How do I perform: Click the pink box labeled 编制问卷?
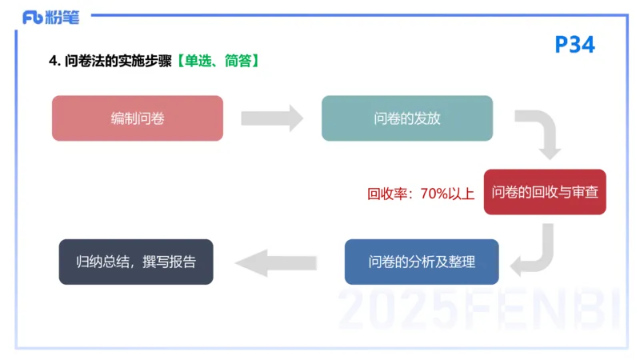(137, 118)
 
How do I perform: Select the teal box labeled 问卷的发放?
(406, 118)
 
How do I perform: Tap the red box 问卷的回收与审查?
(545, 192)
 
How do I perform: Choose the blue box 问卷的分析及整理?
(422, 262)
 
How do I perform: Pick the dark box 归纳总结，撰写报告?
(136, 262)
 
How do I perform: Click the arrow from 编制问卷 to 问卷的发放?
(272, 118)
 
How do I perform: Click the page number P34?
(574, 45)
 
